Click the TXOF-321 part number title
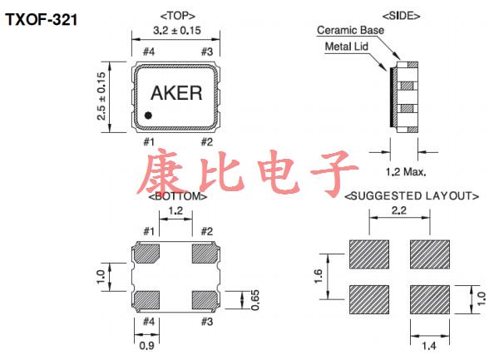[42, 18]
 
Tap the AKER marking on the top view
[176, 93]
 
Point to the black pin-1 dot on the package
[148, 116]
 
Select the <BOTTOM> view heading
[177, 197]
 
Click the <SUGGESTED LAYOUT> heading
[411, 197]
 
